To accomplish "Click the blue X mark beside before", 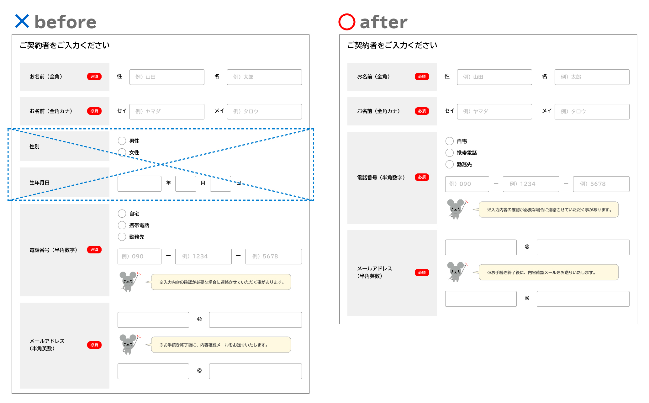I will [x=22, y=21].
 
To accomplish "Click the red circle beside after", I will [x=347, y=22].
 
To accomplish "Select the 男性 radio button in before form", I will [x=122, y=141].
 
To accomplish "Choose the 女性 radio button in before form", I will [x=122, y=152].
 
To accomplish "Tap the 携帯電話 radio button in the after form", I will [x=450, y=153].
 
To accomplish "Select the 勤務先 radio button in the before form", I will [x=122, y=237].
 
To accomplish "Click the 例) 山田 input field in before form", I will [x=167, y=77].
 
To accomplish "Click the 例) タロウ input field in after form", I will [x=592, y=112].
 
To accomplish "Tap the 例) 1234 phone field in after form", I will [x=531, y=184].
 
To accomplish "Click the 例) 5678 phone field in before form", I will [x=273, y=257].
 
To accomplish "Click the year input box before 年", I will [x=139, y=184].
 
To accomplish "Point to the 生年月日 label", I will [x=40, y=183].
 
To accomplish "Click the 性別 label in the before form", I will [x=34, y=146].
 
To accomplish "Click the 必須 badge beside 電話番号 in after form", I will [x=422, y=177].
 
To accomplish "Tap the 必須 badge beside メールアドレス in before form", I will [x=94, y=345].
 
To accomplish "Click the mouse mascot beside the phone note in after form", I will [x=456, y=209].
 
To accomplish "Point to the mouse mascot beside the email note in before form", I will [x=129, y=344].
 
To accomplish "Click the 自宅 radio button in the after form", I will [x=450, y=141].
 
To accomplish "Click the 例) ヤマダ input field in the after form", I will [x=494, y=112].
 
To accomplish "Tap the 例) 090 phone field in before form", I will [x=139, y=257].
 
